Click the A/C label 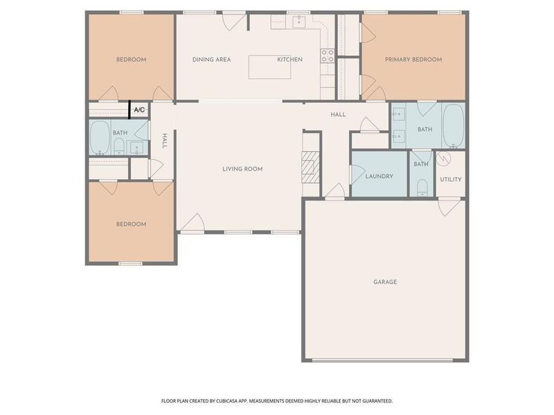tap(139, 110)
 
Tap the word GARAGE tap(385, 282)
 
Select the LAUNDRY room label tap(379, 176)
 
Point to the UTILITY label tap(450, 179)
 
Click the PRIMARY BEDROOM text tap(413, 59)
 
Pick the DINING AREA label tap(211, 59)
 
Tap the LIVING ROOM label tap(242, 169)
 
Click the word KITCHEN tap(289, 59)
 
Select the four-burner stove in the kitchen tap(327, 56)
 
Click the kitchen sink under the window tap(298, 22)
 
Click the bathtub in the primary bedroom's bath tap(454, 126)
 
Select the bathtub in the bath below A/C tap(100, 136)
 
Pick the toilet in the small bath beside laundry tap(422, 187)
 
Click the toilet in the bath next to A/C tap(118, 145)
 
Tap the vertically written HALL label tap(165, 140)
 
